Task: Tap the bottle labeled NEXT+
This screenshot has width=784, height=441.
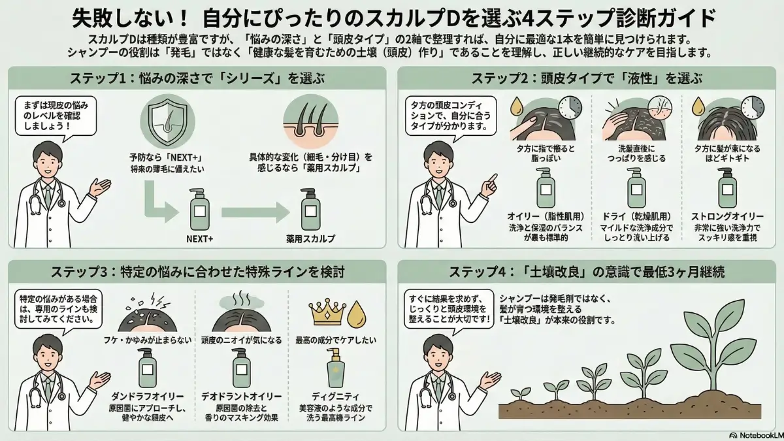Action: click(200, 210)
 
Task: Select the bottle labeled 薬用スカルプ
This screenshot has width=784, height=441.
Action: click(310, 210)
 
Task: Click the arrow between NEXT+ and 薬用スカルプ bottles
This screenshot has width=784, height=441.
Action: click(255, 212)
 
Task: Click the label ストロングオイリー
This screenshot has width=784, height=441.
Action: click(727, 216)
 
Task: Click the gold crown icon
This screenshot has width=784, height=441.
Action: click(326, 312)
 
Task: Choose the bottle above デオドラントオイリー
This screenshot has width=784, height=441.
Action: click(242, 367)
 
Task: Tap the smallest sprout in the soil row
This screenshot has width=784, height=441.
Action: click(521, 394)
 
